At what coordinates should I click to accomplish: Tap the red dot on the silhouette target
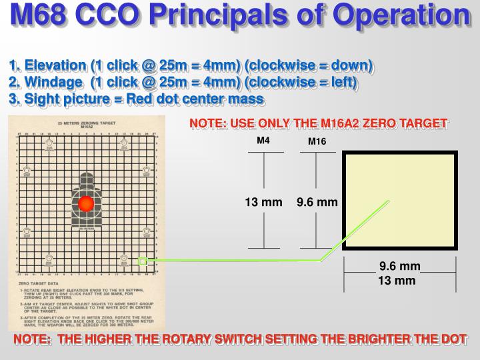[x=85, y=204]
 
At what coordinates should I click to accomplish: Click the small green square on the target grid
[x=142, y=261]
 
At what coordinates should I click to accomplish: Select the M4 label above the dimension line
[x=263, y=141]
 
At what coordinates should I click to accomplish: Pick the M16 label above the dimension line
[x=317, y=141]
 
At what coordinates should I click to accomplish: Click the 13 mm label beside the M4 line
[x=263, y=202]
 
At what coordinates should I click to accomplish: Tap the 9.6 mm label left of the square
[x=317, y=202]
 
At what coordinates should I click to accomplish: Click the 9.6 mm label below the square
[x=399, y=267]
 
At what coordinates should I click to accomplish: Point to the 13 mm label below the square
[x=397, y=281]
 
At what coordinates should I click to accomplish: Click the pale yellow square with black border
[x=399, y=200]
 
